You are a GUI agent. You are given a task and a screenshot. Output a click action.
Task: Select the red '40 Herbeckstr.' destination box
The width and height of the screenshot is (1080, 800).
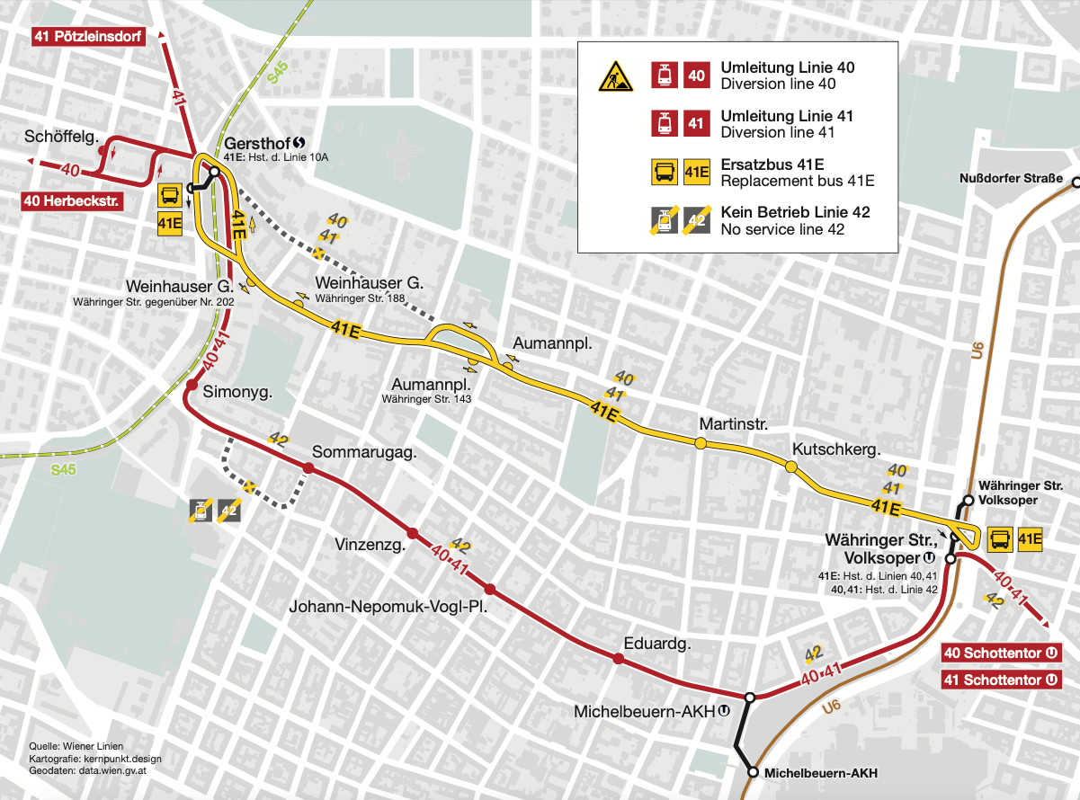tap(71, 200)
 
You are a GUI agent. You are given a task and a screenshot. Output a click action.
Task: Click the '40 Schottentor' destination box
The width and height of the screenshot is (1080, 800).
tap(1001, 653)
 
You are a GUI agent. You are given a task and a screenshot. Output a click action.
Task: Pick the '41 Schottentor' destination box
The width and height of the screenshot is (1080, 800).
tap(1001, 680)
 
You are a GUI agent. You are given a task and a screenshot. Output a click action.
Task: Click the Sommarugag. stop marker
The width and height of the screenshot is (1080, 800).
tap(308, 468)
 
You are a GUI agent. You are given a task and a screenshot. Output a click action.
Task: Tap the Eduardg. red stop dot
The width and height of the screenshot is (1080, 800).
tap(618, 660)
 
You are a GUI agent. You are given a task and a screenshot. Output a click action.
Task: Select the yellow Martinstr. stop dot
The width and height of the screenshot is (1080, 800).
tap(700, 443)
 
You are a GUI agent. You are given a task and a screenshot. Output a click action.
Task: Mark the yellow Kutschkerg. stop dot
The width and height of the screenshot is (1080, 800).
tap(791, 467)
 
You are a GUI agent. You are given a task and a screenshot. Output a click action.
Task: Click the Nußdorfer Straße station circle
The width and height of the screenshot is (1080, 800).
tap(1075, 182)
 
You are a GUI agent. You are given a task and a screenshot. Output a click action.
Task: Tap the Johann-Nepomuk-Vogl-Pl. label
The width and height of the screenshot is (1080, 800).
tap(388, 607)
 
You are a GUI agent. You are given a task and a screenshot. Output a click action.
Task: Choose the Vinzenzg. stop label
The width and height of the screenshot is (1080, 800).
tap(370, 544)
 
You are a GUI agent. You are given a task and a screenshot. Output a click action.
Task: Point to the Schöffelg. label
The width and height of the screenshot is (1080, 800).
tap(62, 137)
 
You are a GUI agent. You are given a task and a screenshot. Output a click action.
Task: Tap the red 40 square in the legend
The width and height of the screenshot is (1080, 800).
tap(696, 76)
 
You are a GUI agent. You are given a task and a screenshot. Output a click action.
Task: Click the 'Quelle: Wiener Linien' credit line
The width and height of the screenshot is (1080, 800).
tap(76, 746)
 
